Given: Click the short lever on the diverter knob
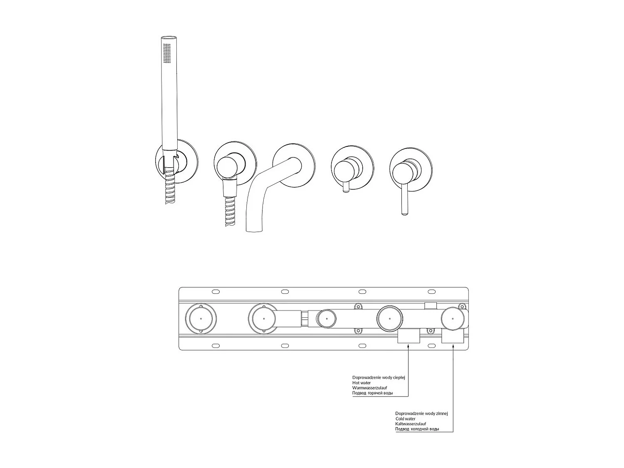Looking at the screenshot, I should (345, 189).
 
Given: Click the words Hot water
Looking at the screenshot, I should (362, 383).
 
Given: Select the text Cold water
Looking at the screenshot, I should (405, 419).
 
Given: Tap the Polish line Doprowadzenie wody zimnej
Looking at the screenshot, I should (421, 414).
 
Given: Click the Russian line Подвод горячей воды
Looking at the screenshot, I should (372, 393).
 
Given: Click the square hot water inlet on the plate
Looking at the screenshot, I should (409, 337).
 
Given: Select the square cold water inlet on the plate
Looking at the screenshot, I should (453, 337).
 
